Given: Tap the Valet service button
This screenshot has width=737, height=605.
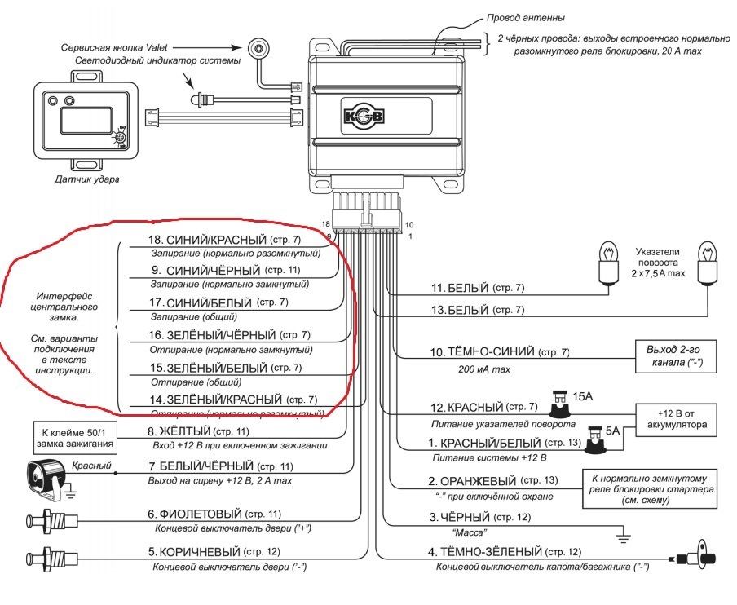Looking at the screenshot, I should (259, 49).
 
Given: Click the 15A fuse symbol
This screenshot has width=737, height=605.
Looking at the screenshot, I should (561, 400).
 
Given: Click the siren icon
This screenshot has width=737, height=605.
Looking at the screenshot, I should (46, 476).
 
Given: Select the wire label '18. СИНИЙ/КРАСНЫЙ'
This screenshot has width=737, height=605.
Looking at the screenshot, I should (216, 241).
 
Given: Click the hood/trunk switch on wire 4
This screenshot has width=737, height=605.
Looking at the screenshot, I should (691, 559).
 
